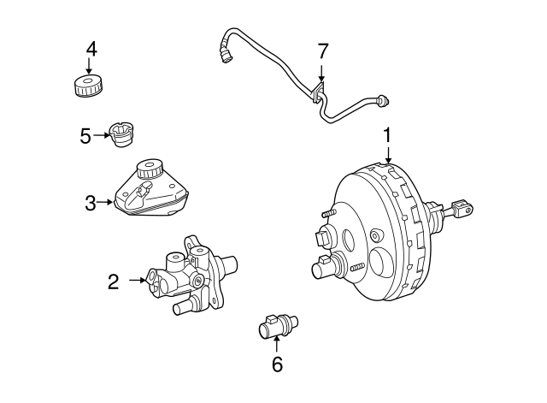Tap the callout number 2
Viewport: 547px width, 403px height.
113,279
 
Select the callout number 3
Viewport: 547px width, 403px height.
91,203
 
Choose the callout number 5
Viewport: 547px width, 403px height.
85,135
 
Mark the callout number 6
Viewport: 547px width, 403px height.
276,364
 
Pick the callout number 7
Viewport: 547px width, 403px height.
321,50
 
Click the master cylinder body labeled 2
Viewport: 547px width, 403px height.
188,274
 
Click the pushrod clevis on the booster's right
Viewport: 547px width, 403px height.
461,207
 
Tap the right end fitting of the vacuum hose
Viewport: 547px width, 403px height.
385,104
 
